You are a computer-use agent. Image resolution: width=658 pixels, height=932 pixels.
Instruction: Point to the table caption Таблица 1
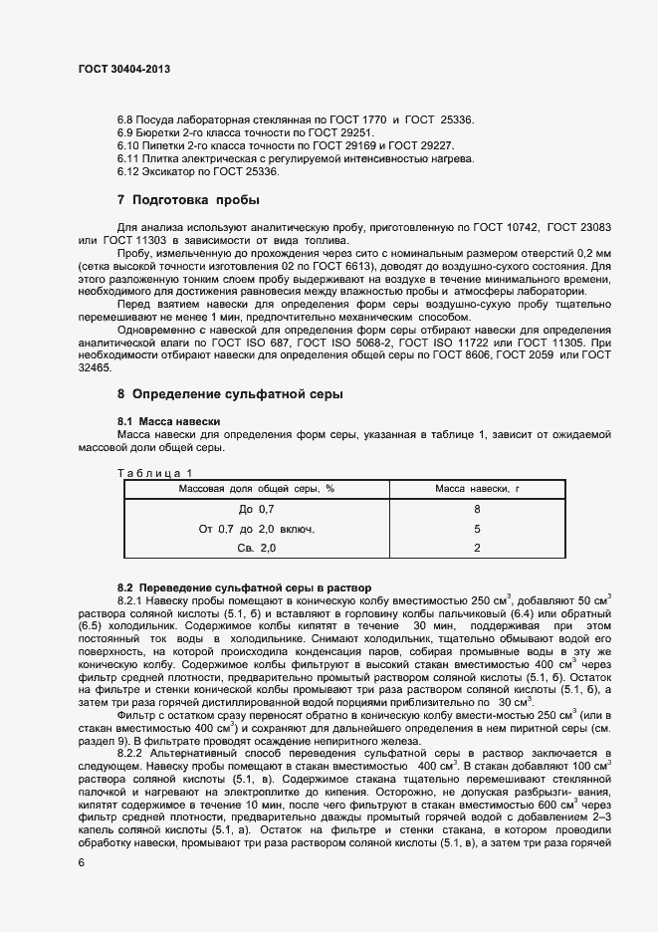click(154, 473)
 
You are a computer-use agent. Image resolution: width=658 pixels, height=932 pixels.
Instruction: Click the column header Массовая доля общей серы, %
click(256, 488)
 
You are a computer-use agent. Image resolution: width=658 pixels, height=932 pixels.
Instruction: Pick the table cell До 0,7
click(255, 509)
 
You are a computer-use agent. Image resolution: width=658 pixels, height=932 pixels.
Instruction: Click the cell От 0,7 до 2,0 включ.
click(256, 529)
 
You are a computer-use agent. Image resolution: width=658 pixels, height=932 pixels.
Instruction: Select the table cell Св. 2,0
click(255, 549)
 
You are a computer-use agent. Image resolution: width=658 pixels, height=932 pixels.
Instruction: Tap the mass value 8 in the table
click(478, 509)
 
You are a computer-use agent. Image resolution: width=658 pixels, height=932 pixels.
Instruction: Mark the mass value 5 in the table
click(478, 529)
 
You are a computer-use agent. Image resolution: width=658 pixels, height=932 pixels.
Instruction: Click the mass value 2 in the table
click(478, 549)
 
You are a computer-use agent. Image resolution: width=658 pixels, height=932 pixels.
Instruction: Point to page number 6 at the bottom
click(82, 863)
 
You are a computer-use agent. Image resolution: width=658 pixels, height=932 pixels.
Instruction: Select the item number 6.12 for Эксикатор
click(131, 171)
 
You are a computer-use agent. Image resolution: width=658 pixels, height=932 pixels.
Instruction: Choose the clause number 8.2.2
click(134, 753)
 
